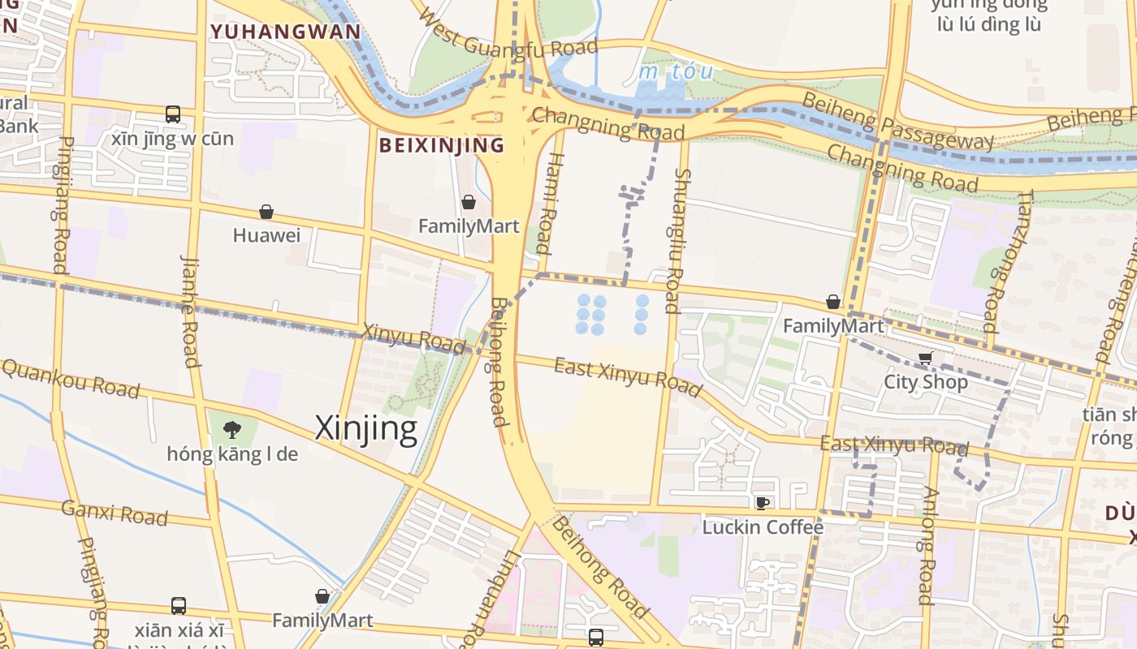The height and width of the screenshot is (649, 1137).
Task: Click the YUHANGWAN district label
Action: [285, 32]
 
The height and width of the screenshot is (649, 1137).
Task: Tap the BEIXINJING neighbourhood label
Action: [442, 145]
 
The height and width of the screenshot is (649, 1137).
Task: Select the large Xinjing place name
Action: [366, 428]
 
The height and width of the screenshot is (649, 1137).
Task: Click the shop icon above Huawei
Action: [266, 213]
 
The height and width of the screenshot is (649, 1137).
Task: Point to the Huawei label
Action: [266, 235]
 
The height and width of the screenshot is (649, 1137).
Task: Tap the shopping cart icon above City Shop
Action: [925, 358]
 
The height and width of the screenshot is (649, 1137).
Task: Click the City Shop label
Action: [925, 381]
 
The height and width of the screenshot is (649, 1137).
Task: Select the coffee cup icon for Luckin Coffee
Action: [762, 503]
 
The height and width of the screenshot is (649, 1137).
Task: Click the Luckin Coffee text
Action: [763, 527]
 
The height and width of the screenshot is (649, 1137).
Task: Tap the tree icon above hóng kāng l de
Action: [232, 429]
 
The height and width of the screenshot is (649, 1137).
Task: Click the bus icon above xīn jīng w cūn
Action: [173, 114]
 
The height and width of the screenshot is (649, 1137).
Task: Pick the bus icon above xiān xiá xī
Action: [179, 606]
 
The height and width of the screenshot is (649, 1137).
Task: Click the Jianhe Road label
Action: [190, 312]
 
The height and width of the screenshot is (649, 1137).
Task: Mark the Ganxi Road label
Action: [115, 513]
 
